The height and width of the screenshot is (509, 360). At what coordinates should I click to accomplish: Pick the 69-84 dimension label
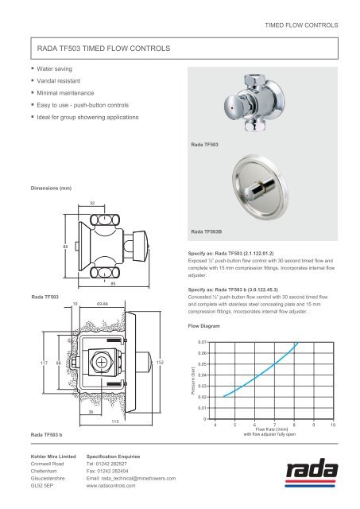[103, 303]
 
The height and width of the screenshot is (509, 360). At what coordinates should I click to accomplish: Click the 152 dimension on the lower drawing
[161, 363]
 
